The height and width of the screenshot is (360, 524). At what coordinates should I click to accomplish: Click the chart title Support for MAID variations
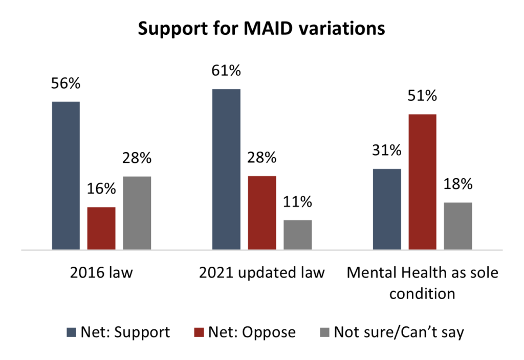[x=261, y=29]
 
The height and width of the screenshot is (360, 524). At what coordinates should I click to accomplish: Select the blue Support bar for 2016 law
[x=66, y=176]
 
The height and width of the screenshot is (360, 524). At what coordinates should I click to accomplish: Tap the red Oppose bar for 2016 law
[x=101, y=228]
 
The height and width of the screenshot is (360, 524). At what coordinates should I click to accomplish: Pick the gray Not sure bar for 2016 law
[x=137, y=213]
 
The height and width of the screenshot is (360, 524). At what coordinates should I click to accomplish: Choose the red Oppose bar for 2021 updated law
[x=262, y=213]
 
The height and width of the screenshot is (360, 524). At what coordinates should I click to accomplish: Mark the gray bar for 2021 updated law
[x=297, y=235]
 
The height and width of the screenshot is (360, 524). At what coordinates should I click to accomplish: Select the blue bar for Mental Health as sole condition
[x=387, y=209]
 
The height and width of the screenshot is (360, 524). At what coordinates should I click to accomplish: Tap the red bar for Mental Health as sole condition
[x=422, y=182]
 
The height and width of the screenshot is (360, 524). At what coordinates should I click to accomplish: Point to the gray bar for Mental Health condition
[x=457, y=226]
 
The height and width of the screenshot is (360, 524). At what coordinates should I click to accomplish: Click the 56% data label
[x=65, y=83]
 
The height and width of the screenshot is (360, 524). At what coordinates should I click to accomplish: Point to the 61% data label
[x=226, y=71]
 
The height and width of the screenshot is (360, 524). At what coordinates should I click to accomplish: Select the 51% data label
[x=422, y=96]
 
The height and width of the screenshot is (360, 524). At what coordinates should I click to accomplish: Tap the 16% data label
[x=101, y=189]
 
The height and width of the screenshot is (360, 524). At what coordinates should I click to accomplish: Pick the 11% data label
[x=297, y=202]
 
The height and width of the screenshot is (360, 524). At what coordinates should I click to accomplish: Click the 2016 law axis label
[x=101, y=272]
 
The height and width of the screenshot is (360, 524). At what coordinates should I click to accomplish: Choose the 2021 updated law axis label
[x=261, y=272]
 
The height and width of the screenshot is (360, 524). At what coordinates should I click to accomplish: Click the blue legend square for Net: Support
[x=71, y=332]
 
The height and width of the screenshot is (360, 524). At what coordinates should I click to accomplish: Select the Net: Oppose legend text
[x=252, y=332]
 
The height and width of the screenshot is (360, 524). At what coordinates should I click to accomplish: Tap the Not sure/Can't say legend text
[x=399, y=332]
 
